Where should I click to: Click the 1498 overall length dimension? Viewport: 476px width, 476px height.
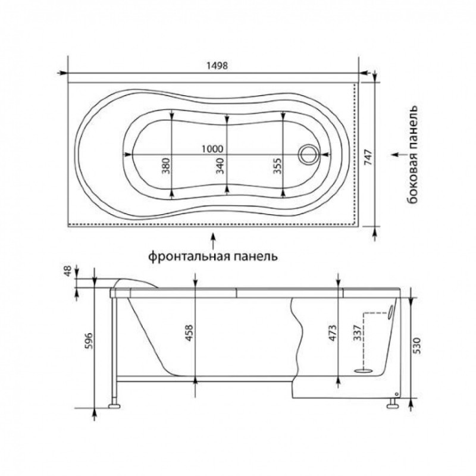click(x=217, y=65)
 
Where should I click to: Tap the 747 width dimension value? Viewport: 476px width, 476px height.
click(x=368, y=156)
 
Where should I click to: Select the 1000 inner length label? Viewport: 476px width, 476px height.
click(x=212, y=149)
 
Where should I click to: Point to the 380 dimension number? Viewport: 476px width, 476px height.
click(x=166, y=165)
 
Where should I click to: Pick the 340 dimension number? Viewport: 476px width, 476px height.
click(x=220, y=165)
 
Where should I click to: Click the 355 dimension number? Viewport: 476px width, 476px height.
click(x=277, y=165)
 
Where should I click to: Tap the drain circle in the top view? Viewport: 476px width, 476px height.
click(x=308, y=154)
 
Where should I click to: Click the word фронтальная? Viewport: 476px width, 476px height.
click(x=190, y=256)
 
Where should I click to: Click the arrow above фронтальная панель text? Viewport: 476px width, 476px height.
click(x=214, y=240)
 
